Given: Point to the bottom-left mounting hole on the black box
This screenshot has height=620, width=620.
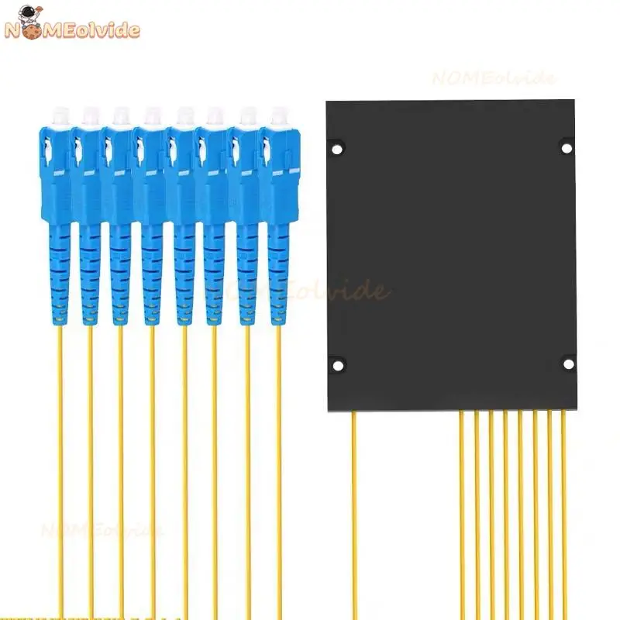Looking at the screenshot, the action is coord(337,363).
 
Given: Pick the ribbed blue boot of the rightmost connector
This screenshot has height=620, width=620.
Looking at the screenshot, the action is coord(279,271).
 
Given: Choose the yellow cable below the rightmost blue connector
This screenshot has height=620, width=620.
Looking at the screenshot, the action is coord(280,465).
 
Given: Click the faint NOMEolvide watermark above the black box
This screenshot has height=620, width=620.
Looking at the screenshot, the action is coord(494,78).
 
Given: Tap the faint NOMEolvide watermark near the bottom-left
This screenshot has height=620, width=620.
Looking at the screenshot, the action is coord(101,531).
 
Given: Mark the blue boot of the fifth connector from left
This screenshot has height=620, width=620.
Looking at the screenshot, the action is coord(184,271).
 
